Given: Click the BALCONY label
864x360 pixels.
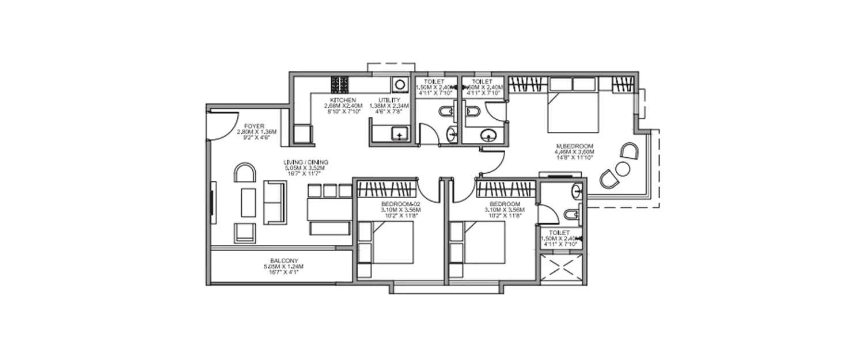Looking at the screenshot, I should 283,260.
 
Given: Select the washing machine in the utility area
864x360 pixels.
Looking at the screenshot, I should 399,85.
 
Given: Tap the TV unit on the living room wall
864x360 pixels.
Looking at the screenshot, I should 211,203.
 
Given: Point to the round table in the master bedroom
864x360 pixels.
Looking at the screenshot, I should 622,169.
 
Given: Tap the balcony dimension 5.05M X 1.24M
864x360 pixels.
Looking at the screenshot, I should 283,267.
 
